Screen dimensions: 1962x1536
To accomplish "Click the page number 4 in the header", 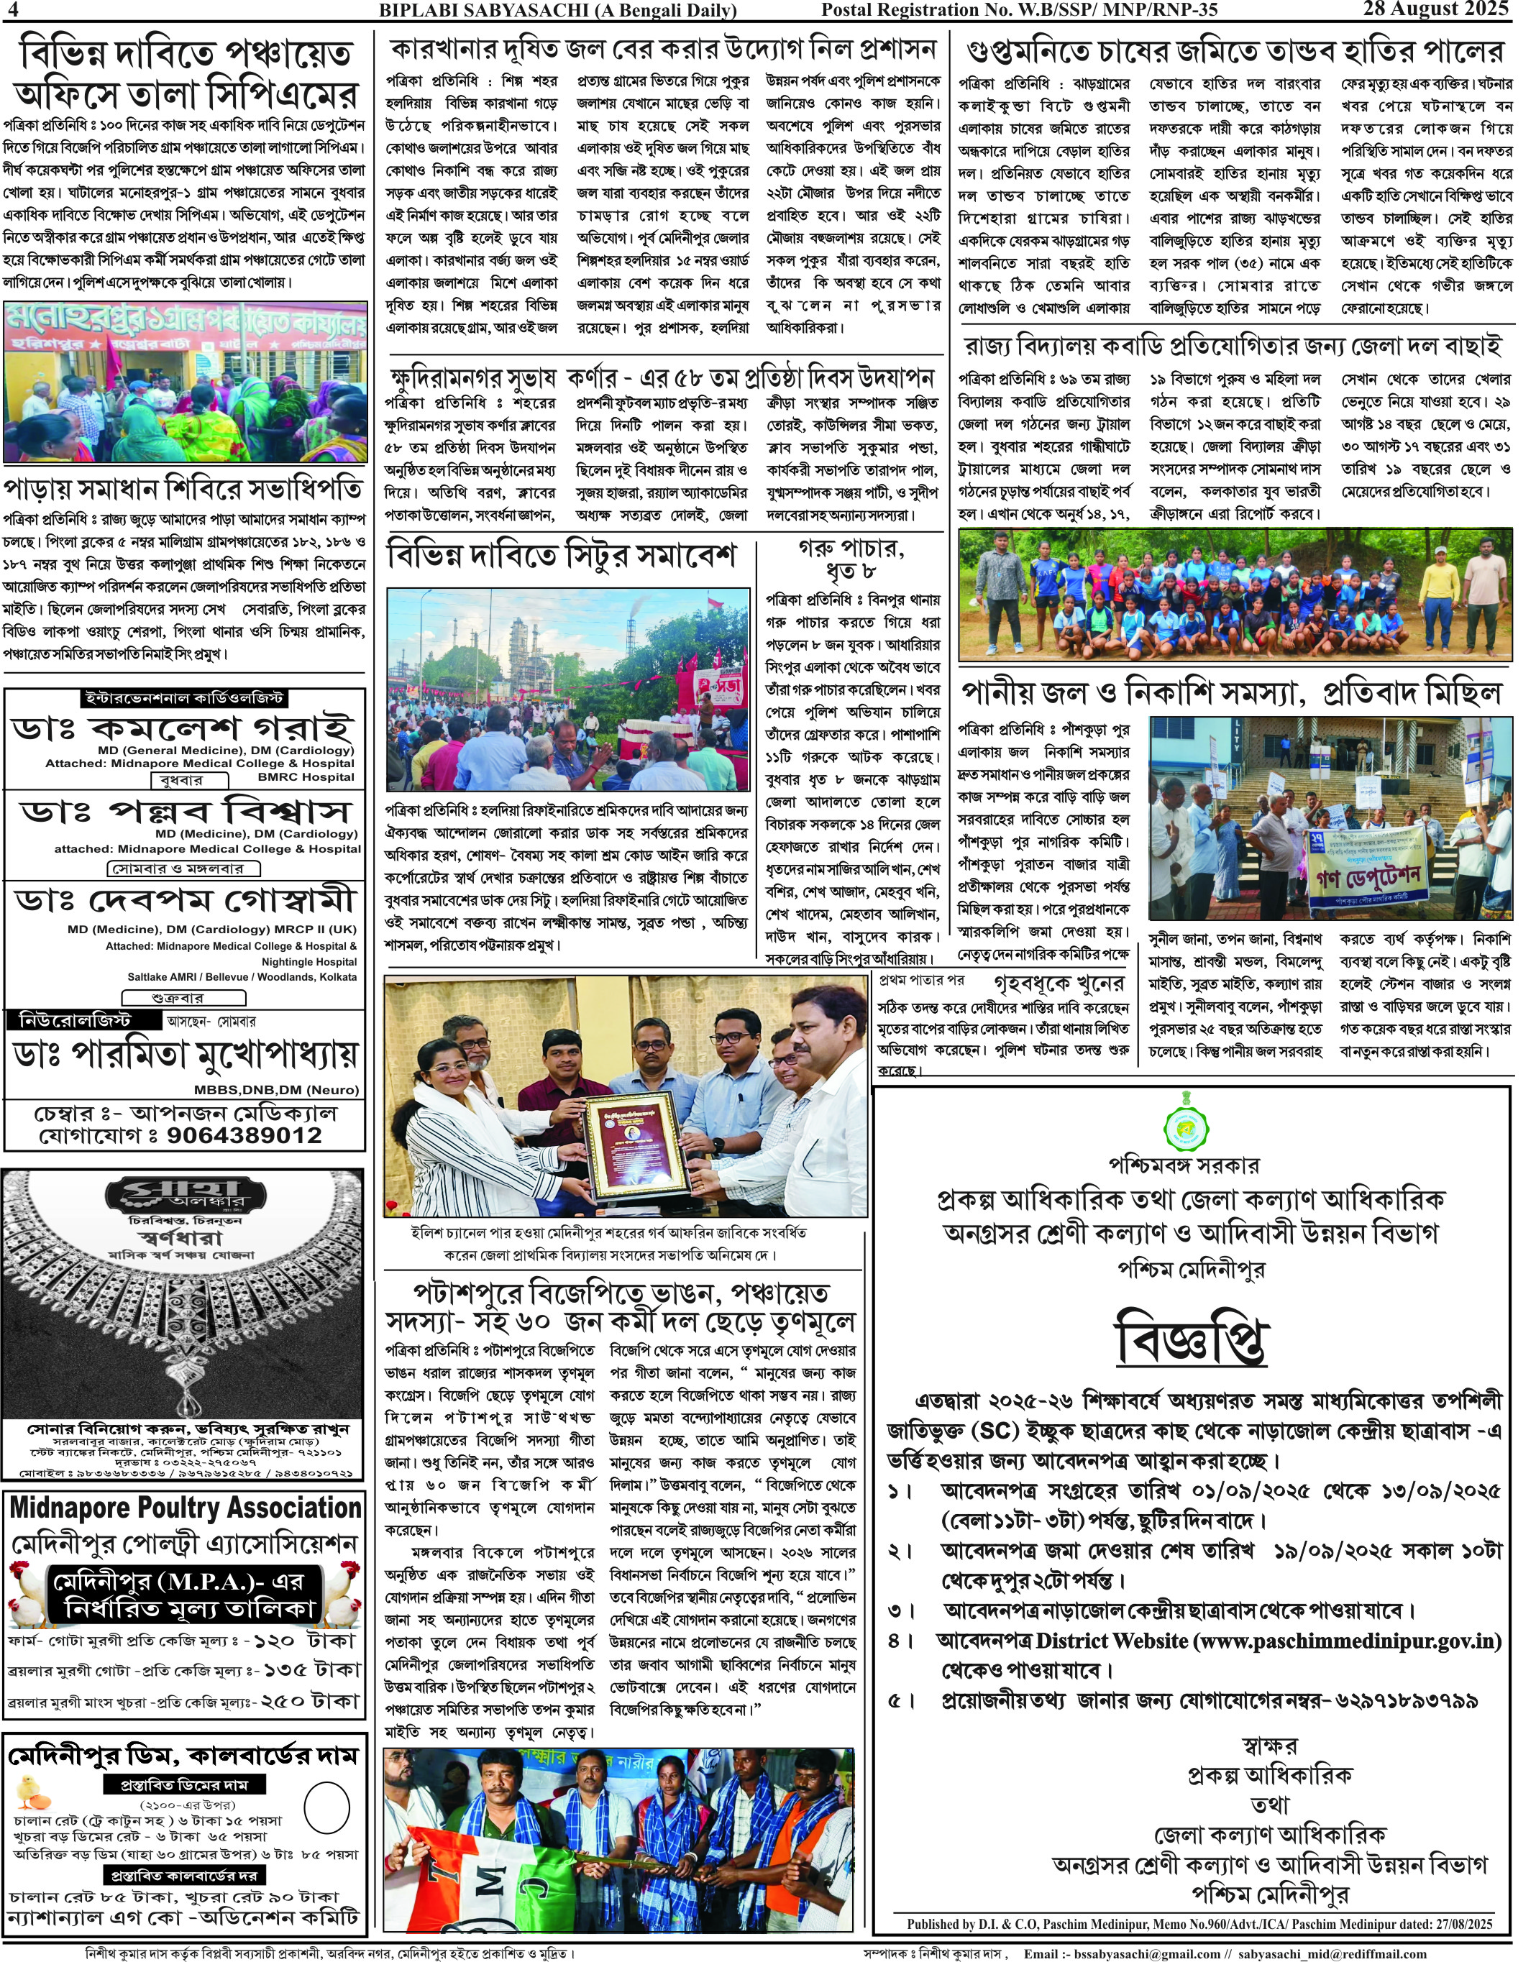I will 12,10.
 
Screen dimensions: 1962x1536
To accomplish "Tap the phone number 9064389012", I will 244,1134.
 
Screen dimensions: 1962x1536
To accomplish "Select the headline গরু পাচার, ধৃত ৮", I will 851,559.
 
